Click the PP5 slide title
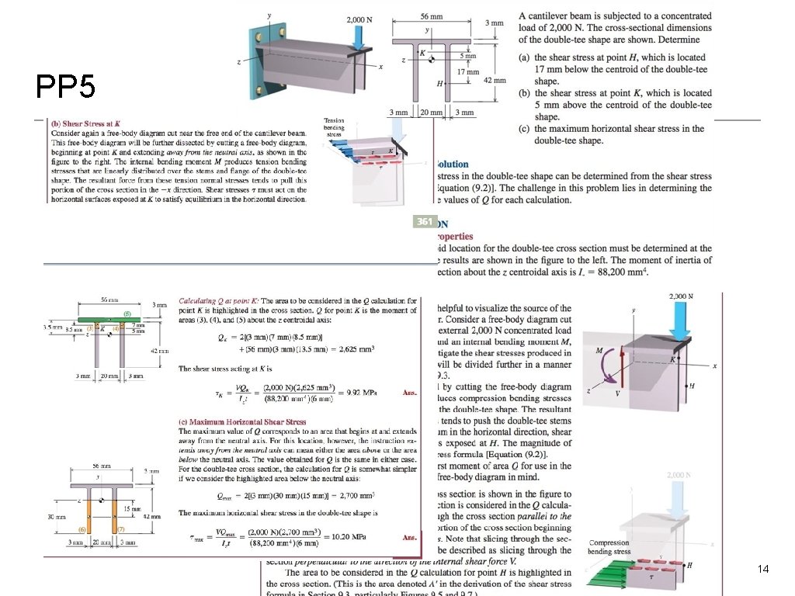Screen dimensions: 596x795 click(x=66, y=85)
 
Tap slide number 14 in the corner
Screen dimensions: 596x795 click(x=763, y=570)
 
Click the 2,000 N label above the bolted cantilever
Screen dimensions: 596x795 click(x=358, y=19)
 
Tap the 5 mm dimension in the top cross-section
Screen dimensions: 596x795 click(x=468, y=56)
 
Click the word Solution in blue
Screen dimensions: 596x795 click(x=453, y=164)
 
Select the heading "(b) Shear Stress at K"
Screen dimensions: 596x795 click(x=85, y=123)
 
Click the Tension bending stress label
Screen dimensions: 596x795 click(x=334, y=127)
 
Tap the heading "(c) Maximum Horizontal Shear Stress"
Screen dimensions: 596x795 click(x=242, y=421)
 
